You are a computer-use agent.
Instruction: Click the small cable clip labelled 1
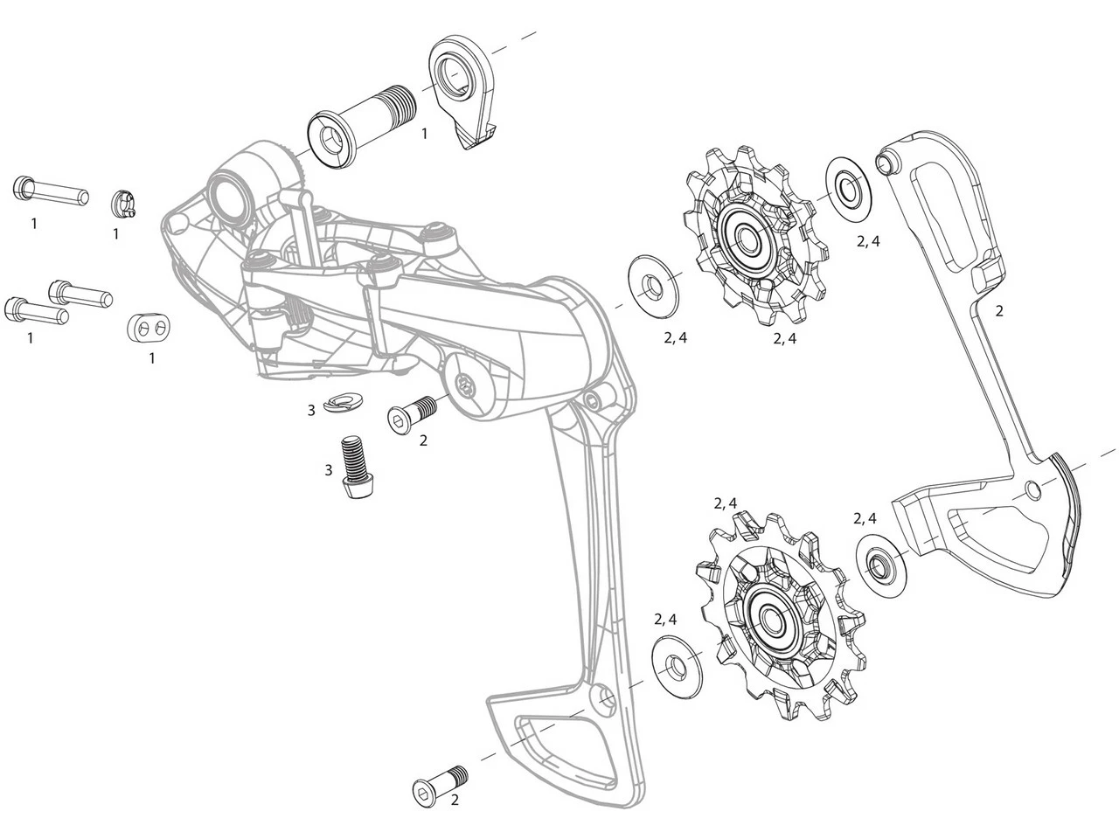(125, 205)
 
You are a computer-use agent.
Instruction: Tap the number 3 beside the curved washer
(311, 409)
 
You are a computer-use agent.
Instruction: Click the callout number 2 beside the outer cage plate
(998, 310)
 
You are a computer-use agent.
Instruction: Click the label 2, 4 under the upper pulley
(783, 339)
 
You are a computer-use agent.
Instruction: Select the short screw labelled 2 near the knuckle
(411, 413)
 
